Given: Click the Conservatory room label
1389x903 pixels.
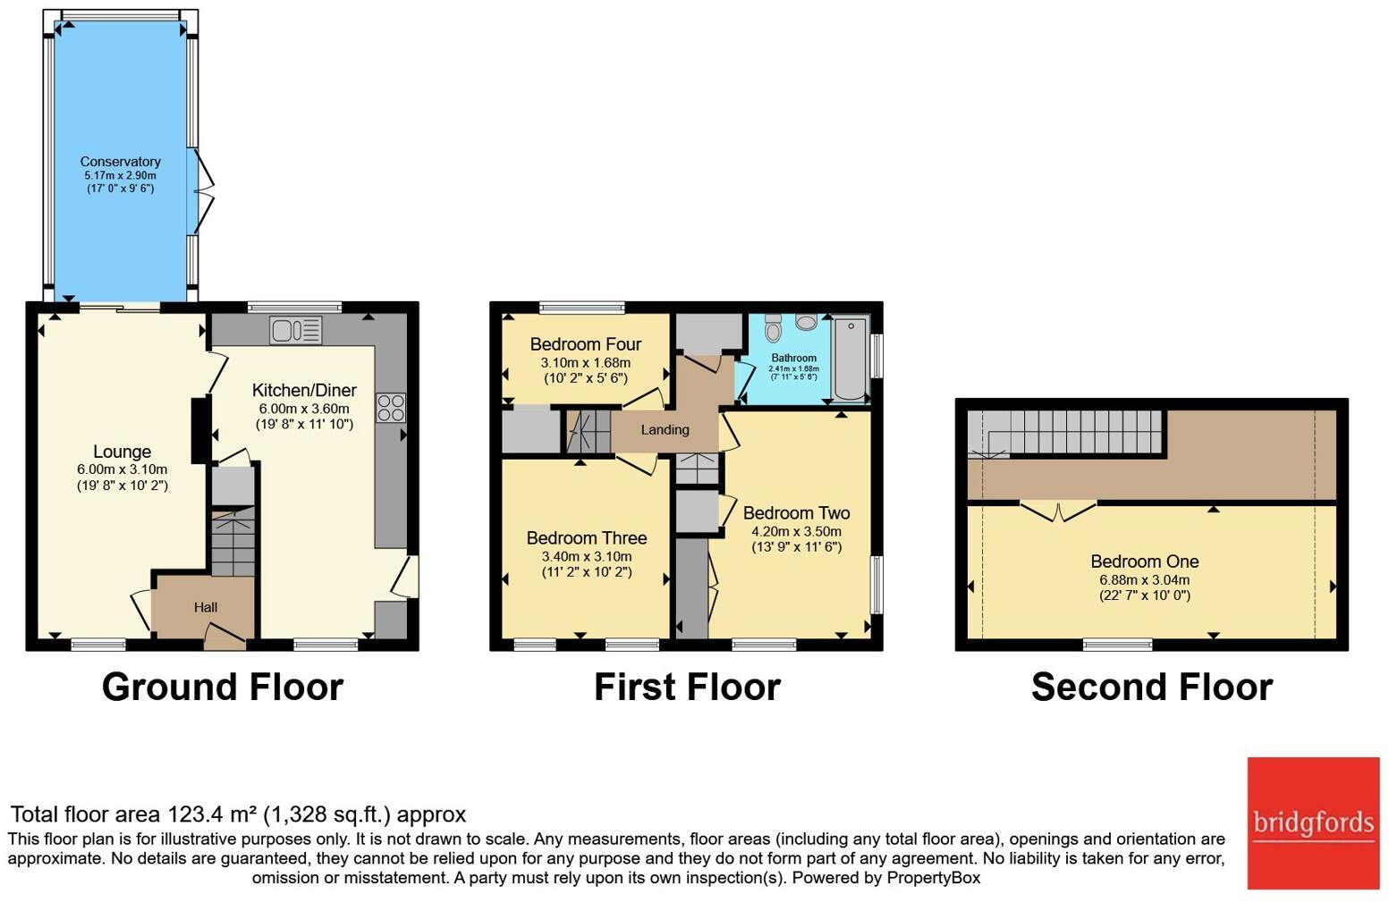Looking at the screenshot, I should click(x=120, y=162).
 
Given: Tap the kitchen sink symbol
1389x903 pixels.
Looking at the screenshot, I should click(x=295, y=331).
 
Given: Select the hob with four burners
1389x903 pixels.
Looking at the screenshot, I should click(x=391, y=408).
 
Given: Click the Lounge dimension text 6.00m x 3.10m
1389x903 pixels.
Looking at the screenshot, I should click(x=122, y=469).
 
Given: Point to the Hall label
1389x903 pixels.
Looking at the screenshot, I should click(x=206, y=607).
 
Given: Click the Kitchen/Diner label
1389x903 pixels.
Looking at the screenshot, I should click(x=304, y=390).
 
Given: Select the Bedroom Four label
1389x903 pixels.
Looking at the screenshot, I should click(x=586, y=344).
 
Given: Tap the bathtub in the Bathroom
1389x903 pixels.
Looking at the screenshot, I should click(x=850, y=359).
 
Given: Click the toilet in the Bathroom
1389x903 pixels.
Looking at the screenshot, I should click(x=774, y=329).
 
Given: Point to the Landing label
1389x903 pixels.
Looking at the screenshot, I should click(x=665, y=429).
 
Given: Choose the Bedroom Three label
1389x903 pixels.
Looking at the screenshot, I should click(x=587, y=537).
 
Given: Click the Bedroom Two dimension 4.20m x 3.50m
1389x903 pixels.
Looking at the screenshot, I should click(x=796, y=531).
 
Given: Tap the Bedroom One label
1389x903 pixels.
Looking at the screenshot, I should click(x=1144, y=561).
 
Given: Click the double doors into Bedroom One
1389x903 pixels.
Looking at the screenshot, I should click(x=1058, y=511).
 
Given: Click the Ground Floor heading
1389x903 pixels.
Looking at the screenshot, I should click(x=223, y=687).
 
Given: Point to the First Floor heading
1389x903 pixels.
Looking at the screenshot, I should click(x=687, y=687).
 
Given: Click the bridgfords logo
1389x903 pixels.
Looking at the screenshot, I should click(x=1313, y=823).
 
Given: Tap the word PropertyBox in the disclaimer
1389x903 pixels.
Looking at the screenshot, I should click(x=933, y=877).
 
